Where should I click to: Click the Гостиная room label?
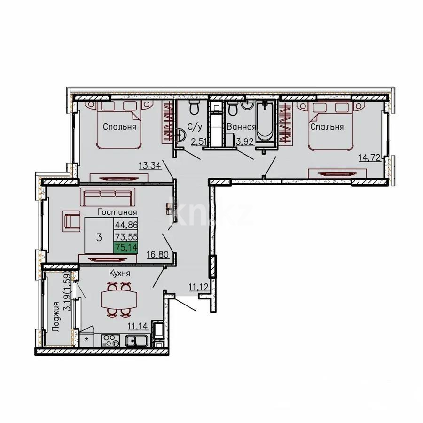114,212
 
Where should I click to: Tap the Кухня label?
119,273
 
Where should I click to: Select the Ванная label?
241,127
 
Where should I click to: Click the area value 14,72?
370,158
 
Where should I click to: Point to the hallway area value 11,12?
199,287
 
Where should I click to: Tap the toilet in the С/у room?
193,108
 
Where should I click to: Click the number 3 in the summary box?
99,237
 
